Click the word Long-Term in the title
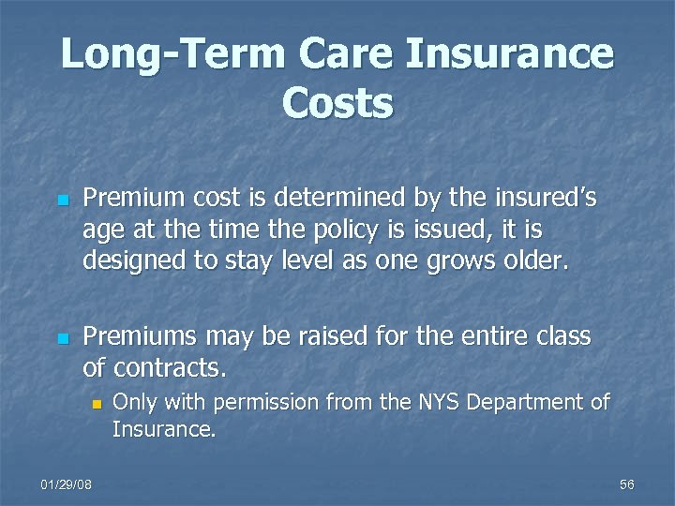click(x=171, y=55)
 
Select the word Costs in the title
click(x=337, y=104)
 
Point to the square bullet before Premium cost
click(x=62, y=201)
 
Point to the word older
click(x=536, y=260)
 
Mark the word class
click(x=562, y=336)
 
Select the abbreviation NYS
click(x=438, y=403)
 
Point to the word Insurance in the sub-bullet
click(x=164, y=430)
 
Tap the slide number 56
click(x=627, y=484)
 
